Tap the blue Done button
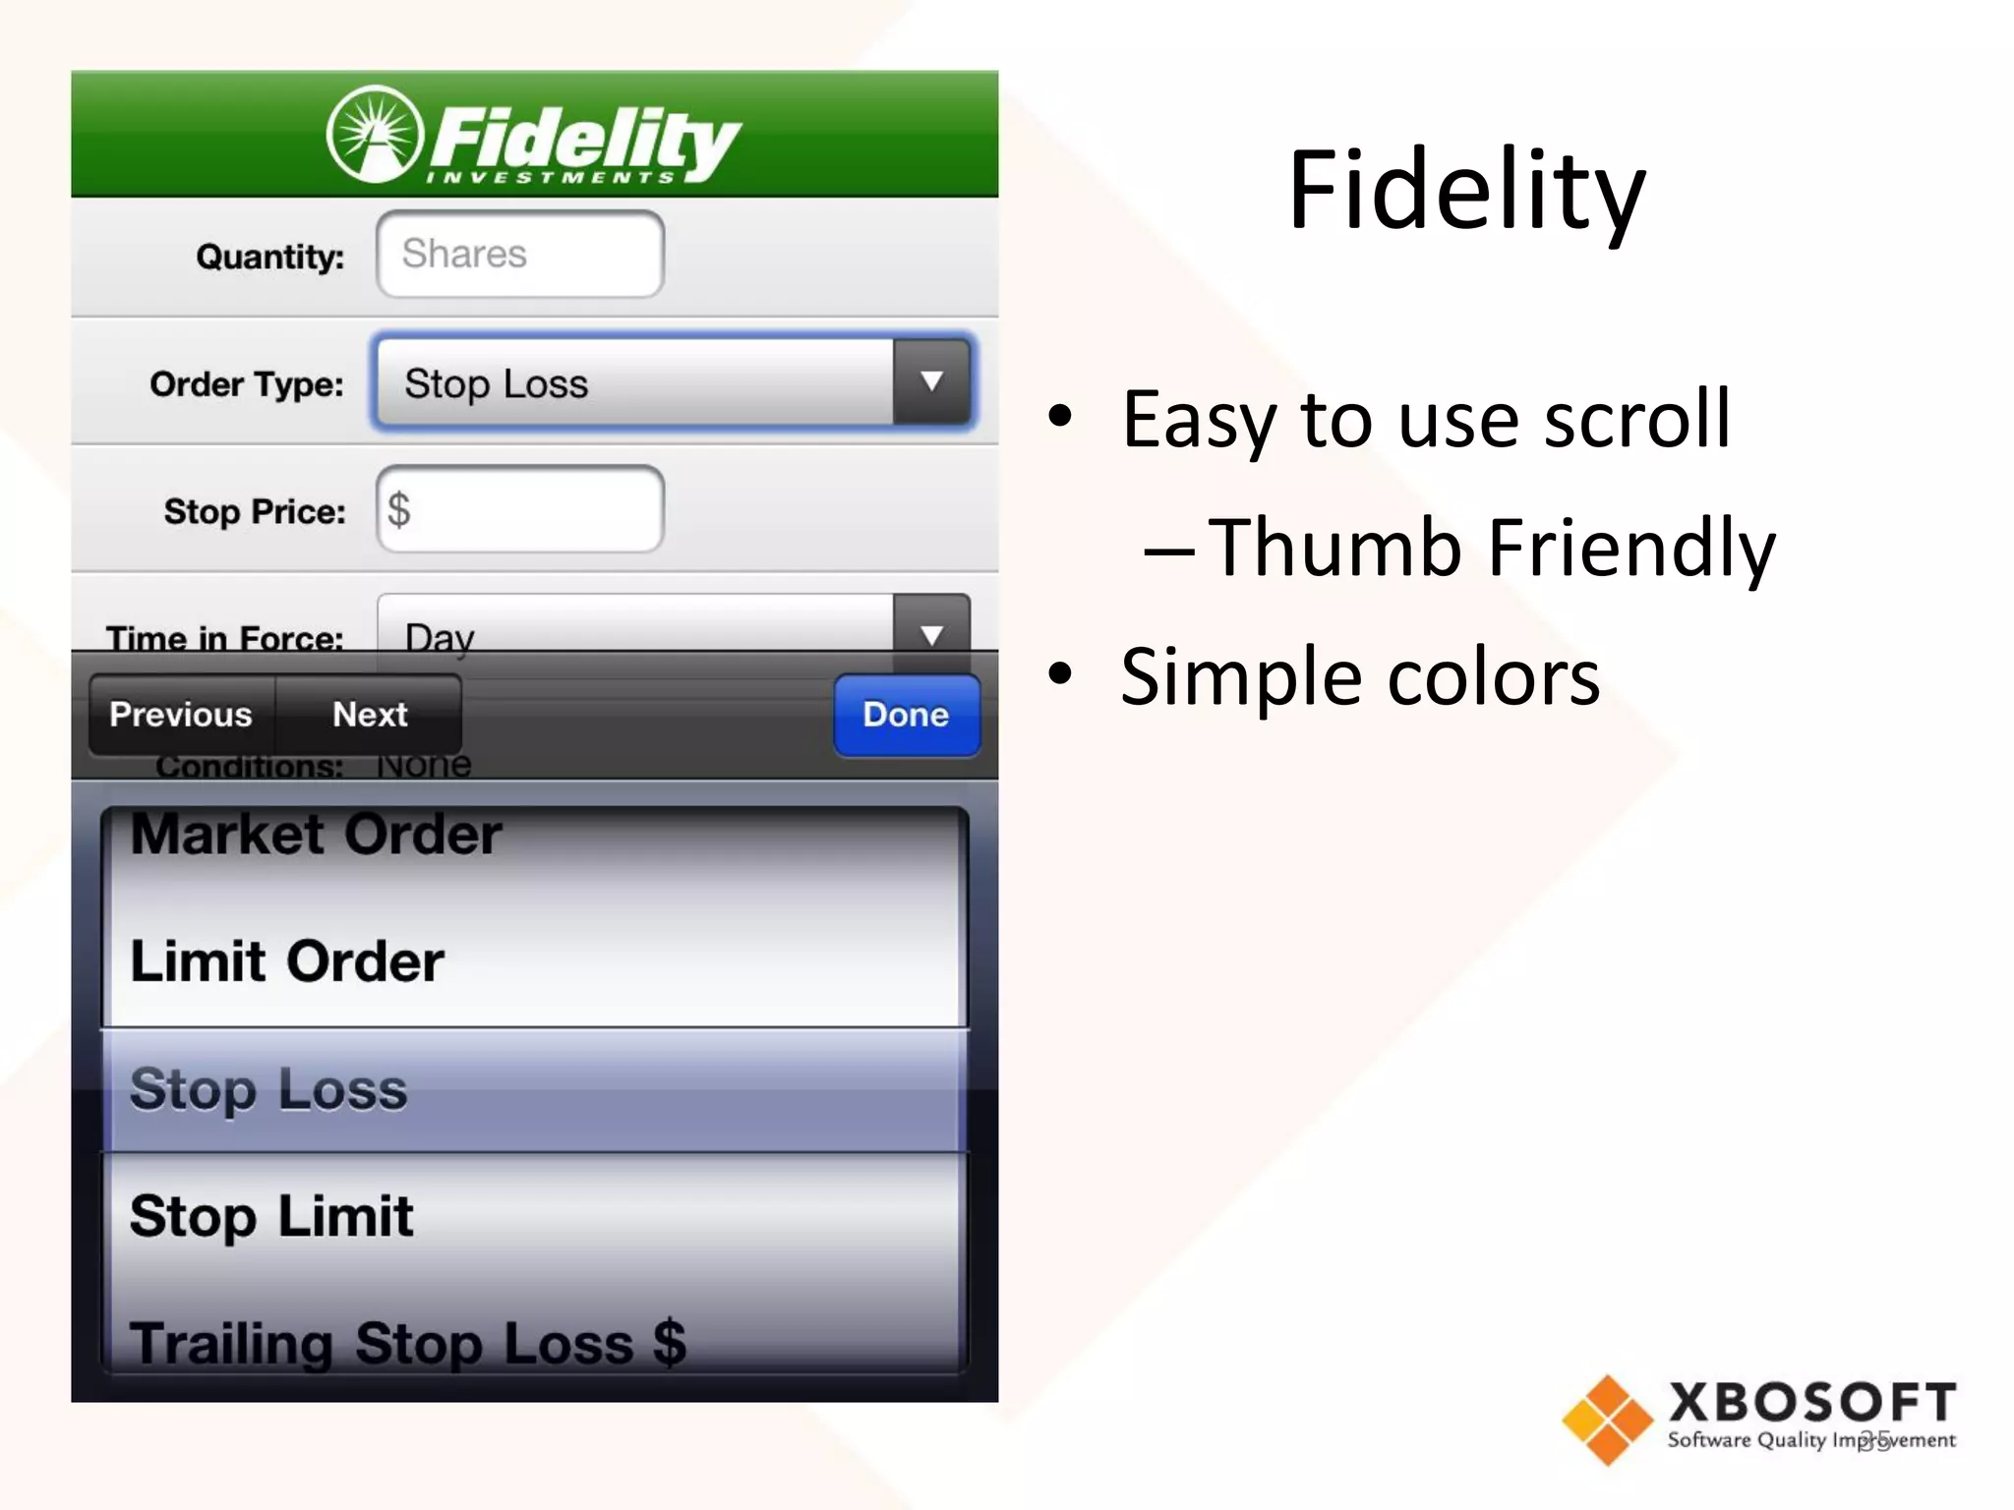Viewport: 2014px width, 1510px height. point(906,715)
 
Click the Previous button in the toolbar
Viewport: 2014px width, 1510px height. point(181,715)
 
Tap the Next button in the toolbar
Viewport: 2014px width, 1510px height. point(370,715)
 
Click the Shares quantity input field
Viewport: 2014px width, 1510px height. point(520,255)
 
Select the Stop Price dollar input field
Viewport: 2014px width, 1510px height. point(520,510)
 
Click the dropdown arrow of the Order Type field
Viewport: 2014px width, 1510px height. point(931,382)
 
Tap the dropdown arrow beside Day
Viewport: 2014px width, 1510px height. point(931,629)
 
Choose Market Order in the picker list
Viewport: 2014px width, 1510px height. point(317,836)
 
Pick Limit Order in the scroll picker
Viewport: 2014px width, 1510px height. point(287,961)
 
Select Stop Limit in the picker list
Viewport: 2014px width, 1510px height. point(271,1216)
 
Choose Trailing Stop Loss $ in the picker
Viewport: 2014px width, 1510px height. point(407,1342)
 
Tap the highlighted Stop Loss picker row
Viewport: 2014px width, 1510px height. point(268,1089)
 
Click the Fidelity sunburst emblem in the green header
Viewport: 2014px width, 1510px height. point(375,135)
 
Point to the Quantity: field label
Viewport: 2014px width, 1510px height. point(270,257)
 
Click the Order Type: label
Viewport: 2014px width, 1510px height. point(247,384)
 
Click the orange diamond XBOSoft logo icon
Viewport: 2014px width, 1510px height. point(1607,1420)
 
